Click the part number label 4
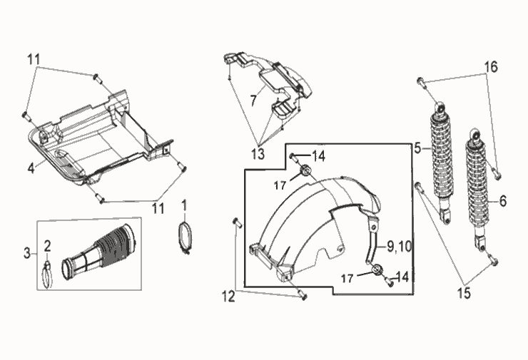tap(31, 168)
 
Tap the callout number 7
tap(253, 101)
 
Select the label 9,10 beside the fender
tap(400, 247)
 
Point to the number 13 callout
tap(258, 154)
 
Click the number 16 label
tap(492, 67)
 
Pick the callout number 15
tap(464, 293)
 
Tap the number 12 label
tap(228, 296)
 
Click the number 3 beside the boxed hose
tap(27, 253)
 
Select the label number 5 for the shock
tap(417, 148)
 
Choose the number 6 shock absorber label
tap(503, 201)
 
